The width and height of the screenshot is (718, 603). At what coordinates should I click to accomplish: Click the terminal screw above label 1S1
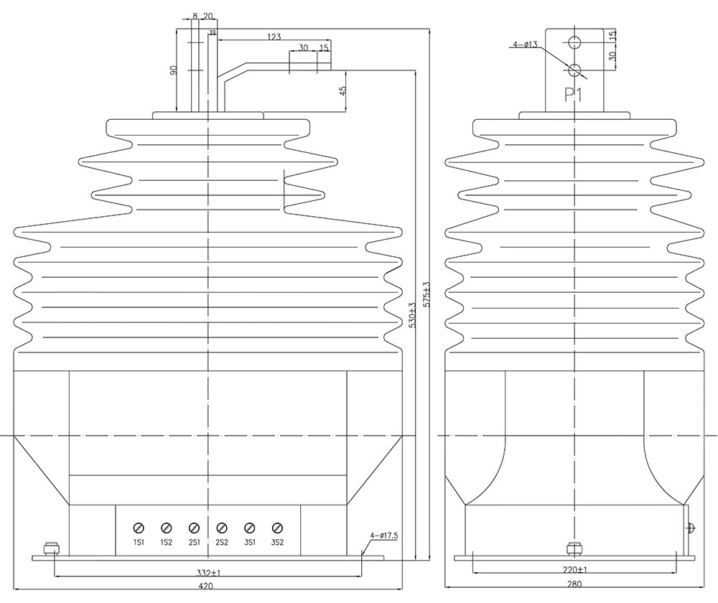pyautogui.click(x=138, y=528)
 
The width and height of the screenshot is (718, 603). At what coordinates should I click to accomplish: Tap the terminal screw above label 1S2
pyautogui.click(x=166, y=528)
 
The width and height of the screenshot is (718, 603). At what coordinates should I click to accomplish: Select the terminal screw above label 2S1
pyautogui.click(x=194, y=528)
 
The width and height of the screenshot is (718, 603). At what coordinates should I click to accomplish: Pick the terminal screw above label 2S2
pyautogui.click(x=222, y=528)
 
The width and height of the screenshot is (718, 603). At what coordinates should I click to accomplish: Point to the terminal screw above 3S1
pyautogui.click(x=250, y=528)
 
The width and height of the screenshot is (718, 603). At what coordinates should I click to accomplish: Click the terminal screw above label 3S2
pyautogui.click(x=277, y=528)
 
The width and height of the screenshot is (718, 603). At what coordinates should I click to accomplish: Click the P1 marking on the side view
pyautogui.click(x=573, y=95)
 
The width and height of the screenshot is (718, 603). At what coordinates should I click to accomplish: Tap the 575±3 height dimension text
pyautogui.click(x=428, y=294)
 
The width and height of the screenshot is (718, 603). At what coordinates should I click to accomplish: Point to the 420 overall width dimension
pyautogui.click(x=207, y=585)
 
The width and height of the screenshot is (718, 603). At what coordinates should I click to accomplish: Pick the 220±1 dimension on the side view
pyautogui.click(x=574, y=570)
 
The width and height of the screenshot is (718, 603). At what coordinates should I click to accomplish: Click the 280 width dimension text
pyautogui.click(x=574, y=584)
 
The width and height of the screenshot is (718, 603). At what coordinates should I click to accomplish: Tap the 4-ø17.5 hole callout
pyautogui.click(x=384, y=536)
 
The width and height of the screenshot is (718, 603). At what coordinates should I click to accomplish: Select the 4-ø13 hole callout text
pyautogui.click(x=526, y=45)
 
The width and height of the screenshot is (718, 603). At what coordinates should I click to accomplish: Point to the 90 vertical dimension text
pyautogui.click(x=174, y=70)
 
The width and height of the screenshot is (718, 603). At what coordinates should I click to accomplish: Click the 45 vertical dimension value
pyautogui.click(x=342, y=91)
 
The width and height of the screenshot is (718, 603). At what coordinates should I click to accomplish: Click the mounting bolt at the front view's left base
pyautogui.click(x=52, y=549)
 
